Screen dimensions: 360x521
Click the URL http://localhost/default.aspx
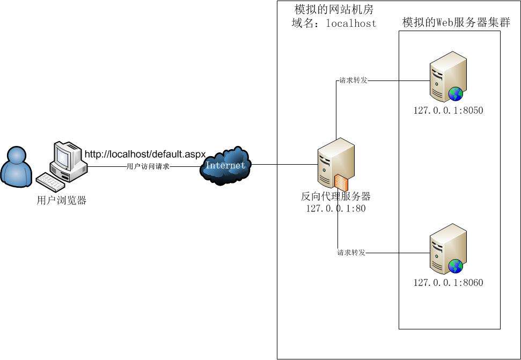145,155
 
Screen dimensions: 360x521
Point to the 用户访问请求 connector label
148,166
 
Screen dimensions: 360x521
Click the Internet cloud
225,165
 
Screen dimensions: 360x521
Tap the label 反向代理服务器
336,196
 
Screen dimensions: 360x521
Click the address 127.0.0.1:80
336,209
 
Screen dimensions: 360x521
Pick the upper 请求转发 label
353,81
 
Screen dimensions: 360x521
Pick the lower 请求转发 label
351,253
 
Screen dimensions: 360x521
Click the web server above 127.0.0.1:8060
447,248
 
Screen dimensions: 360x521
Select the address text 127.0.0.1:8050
448,111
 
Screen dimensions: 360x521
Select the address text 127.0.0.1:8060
448,283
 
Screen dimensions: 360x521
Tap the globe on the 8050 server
456,94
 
